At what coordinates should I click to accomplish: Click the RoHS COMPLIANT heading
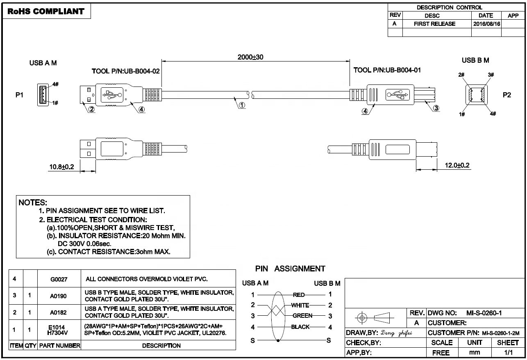click(46, 12)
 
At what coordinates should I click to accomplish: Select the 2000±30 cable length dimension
click(250, 57)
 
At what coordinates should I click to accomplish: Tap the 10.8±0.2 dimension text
click(62, 166)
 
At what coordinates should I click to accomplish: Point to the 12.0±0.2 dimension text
click(457, 165)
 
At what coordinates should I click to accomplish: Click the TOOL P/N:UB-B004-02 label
click(125, 71)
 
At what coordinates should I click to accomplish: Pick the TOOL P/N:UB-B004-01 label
click(387, 70)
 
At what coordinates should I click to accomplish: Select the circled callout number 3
click(436, 108)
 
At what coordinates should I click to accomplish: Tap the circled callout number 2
click(92, 109)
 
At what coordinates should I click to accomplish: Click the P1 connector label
click(19, 95)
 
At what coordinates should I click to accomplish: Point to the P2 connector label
click(507, 95)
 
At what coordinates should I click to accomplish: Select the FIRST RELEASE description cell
click(434, 24)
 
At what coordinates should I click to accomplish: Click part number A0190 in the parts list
click(59, 296)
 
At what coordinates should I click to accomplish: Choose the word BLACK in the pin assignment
click(300, 327)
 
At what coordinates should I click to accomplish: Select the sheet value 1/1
click(508, 352)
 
